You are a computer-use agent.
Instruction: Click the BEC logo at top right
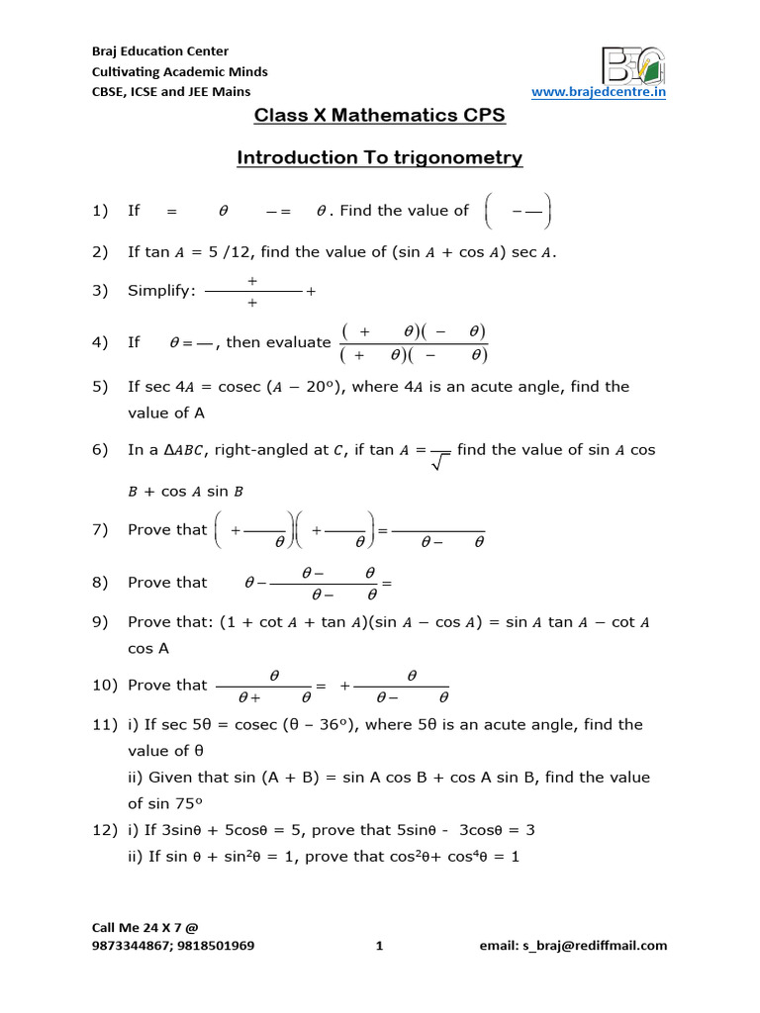(x=633, y=63)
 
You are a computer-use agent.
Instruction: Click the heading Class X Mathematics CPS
(x=380, y=116)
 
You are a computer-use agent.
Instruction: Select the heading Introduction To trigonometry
(x=380, y=158)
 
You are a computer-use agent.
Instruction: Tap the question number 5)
(x=99, y=387)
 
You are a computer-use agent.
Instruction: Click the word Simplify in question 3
(x=162, y=291)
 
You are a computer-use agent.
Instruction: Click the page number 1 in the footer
(x=379, y=946)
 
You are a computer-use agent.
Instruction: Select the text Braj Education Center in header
(x=159, y=51)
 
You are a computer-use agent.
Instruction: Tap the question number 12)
(x=103, y=829)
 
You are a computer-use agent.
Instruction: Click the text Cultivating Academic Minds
(x=179, y=72)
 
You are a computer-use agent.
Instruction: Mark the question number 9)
(x=99, y=622)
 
